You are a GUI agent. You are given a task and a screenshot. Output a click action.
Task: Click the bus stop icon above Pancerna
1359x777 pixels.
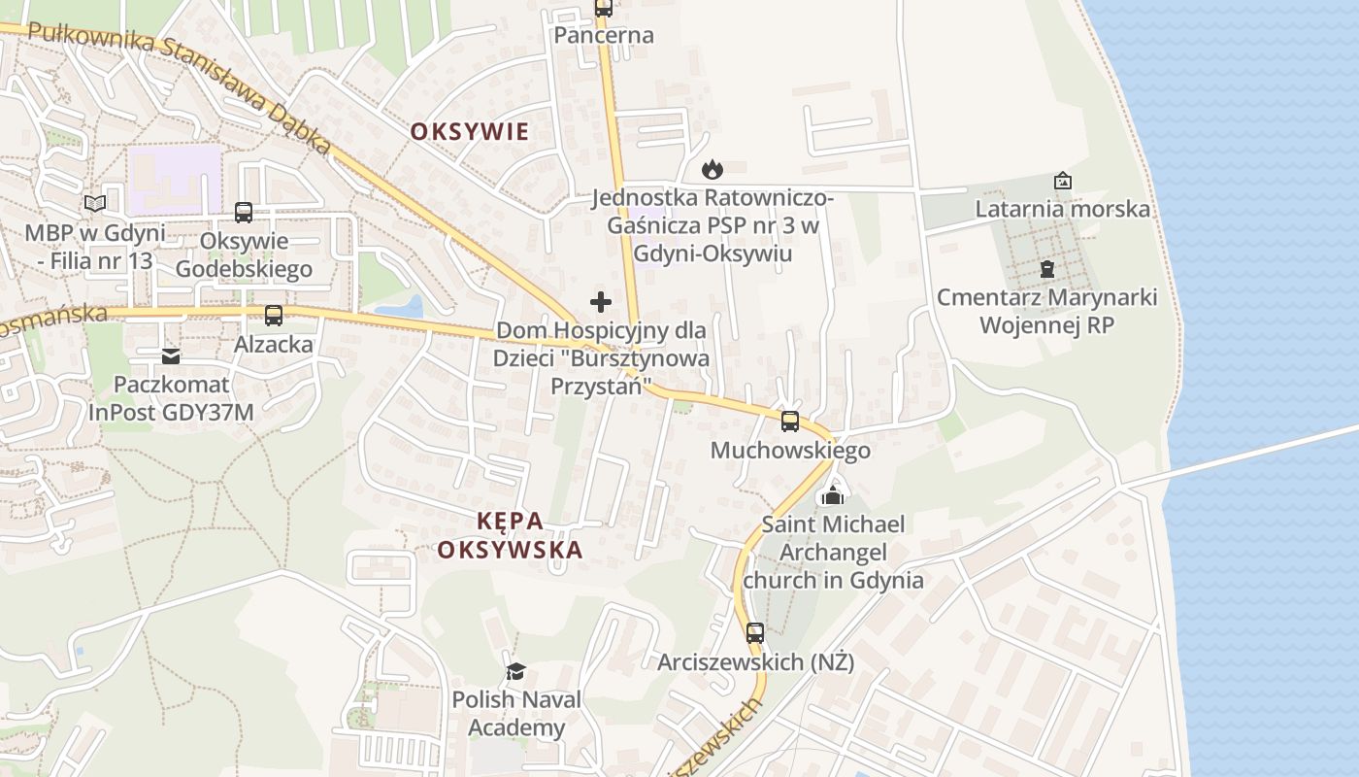(x=603, y=9)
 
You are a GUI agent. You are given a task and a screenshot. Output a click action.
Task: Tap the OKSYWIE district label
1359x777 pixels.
(x=470, y=132)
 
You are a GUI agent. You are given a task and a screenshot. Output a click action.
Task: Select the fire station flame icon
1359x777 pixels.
(x=713, y=169)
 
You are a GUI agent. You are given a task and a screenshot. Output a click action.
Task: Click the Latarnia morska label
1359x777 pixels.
(x=1062, y=209)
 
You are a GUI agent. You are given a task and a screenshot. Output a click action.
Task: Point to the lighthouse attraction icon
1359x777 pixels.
(x=1063, y=181)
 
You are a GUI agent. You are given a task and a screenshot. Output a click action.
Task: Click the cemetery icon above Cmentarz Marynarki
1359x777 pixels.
(x=1046, y=268)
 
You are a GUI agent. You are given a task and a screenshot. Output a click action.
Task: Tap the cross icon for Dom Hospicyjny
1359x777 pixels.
(x=601, y=302)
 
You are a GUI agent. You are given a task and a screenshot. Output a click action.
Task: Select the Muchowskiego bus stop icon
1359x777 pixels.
(x=790, y=422)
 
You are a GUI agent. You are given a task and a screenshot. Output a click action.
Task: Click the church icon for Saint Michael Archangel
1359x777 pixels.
(x=832, y=495)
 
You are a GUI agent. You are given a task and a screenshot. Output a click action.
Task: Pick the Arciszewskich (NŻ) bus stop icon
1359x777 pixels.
(x=755, y=633)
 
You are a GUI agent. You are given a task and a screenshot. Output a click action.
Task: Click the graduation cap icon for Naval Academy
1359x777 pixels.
(x=515, y=671)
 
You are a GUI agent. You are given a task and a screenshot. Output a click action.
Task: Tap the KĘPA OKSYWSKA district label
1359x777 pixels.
(x=510, y=535)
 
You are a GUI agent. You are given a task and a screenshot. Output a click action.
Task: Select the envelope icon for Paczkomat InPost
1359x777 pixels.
(x=171, y=356)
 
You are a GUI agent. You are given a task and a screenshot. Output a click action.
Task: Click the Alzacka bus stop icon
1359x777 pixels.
(x=274, y=316)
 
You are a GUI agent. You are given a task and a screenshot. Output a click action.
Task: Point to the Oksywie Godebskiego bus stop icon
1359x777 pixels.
(x=244, y=212)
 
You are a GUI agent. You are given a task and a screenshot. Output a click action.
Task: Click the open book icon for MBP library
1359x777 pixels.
(x=94, y=203)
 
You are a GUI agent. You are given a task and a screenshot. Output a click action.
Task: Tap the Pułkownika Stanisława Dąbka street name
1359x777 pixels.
(x=181, y=83)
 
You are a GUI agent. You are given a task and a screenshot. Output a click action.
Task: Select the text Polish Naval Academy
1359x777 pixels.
(x=516, y=713)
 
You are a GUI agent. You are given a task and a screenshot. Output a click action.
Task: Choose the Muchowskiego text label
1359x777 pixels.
(x=790, y=451)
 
